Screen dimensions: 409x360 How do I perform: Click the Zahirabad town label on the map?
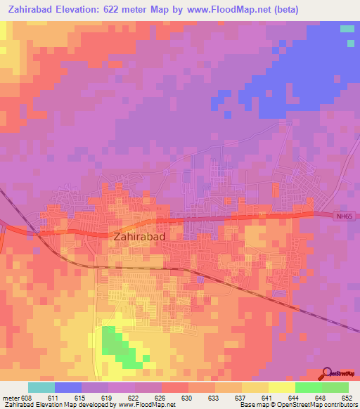(x=139, y=237)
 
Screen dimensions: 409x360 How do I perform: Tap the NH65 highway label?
(x=343, y=217)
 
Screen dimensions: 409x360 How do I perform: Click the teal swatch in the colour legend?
(x=41, y=387)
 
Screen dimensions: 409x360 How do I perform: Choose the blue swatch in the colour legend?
(x=67, y=387)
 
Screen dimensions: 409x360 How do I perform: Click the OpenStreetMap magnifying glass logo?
(x=328, y=373)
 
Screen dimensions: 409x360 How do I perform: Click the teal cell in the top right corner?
(x=347, y=29)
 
